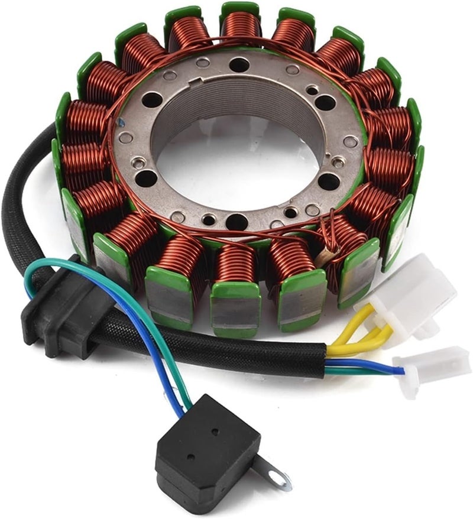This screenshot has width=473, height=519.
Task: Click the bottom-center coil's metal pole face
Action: pos(235,307)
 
